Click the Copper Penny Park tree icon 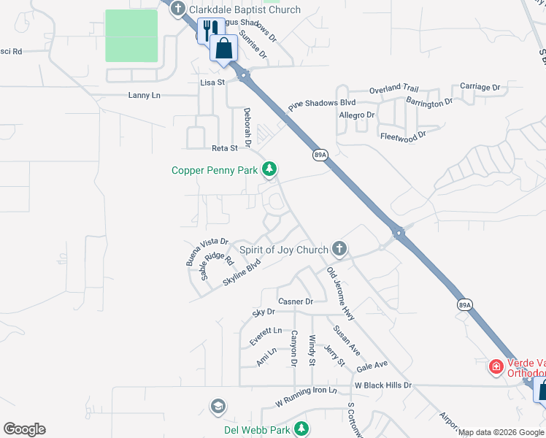point(269,169)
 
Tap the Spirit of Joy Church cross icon point(339,250)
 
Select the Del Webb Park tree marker point(299,429)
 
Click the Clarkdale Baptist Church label point(244,9)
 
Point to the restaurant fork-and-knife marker point(207,31)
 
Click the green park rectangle point(131,36)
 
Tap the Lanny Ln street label point(144,95)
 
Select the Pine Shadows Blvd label point(321,104)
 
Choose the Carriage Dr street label point(480,87)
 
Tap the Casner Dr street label point(295,301)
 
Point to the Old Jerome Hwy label point(341,291)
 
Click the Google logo point(24,429)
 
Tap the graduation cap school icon point(218,406)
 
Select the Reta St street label point(224,148)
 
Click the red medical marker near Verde point(496,366)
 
